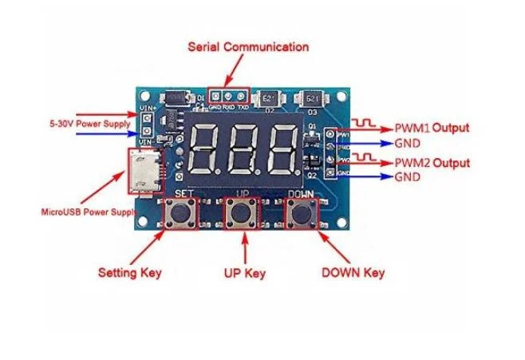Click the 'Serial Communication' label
coord(247,47)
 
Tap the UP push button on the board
coord(241,215)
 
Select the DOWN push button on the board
coord(302,215)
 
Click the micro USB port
coord(142,174)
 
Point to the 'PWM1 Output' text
coord(432,128)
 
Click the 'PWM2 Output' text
coord(432,163)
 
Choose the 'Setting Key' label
coord(129,272)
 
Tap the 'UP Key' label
coord(244,273)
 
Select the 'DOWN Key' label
coord(353,273)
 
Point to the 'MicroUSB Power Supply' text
coord(86,212)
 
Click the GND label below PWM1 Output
coord(405,144)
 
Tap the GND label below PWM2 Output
coord(405,176)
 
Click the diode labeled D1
coord(177,100)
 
